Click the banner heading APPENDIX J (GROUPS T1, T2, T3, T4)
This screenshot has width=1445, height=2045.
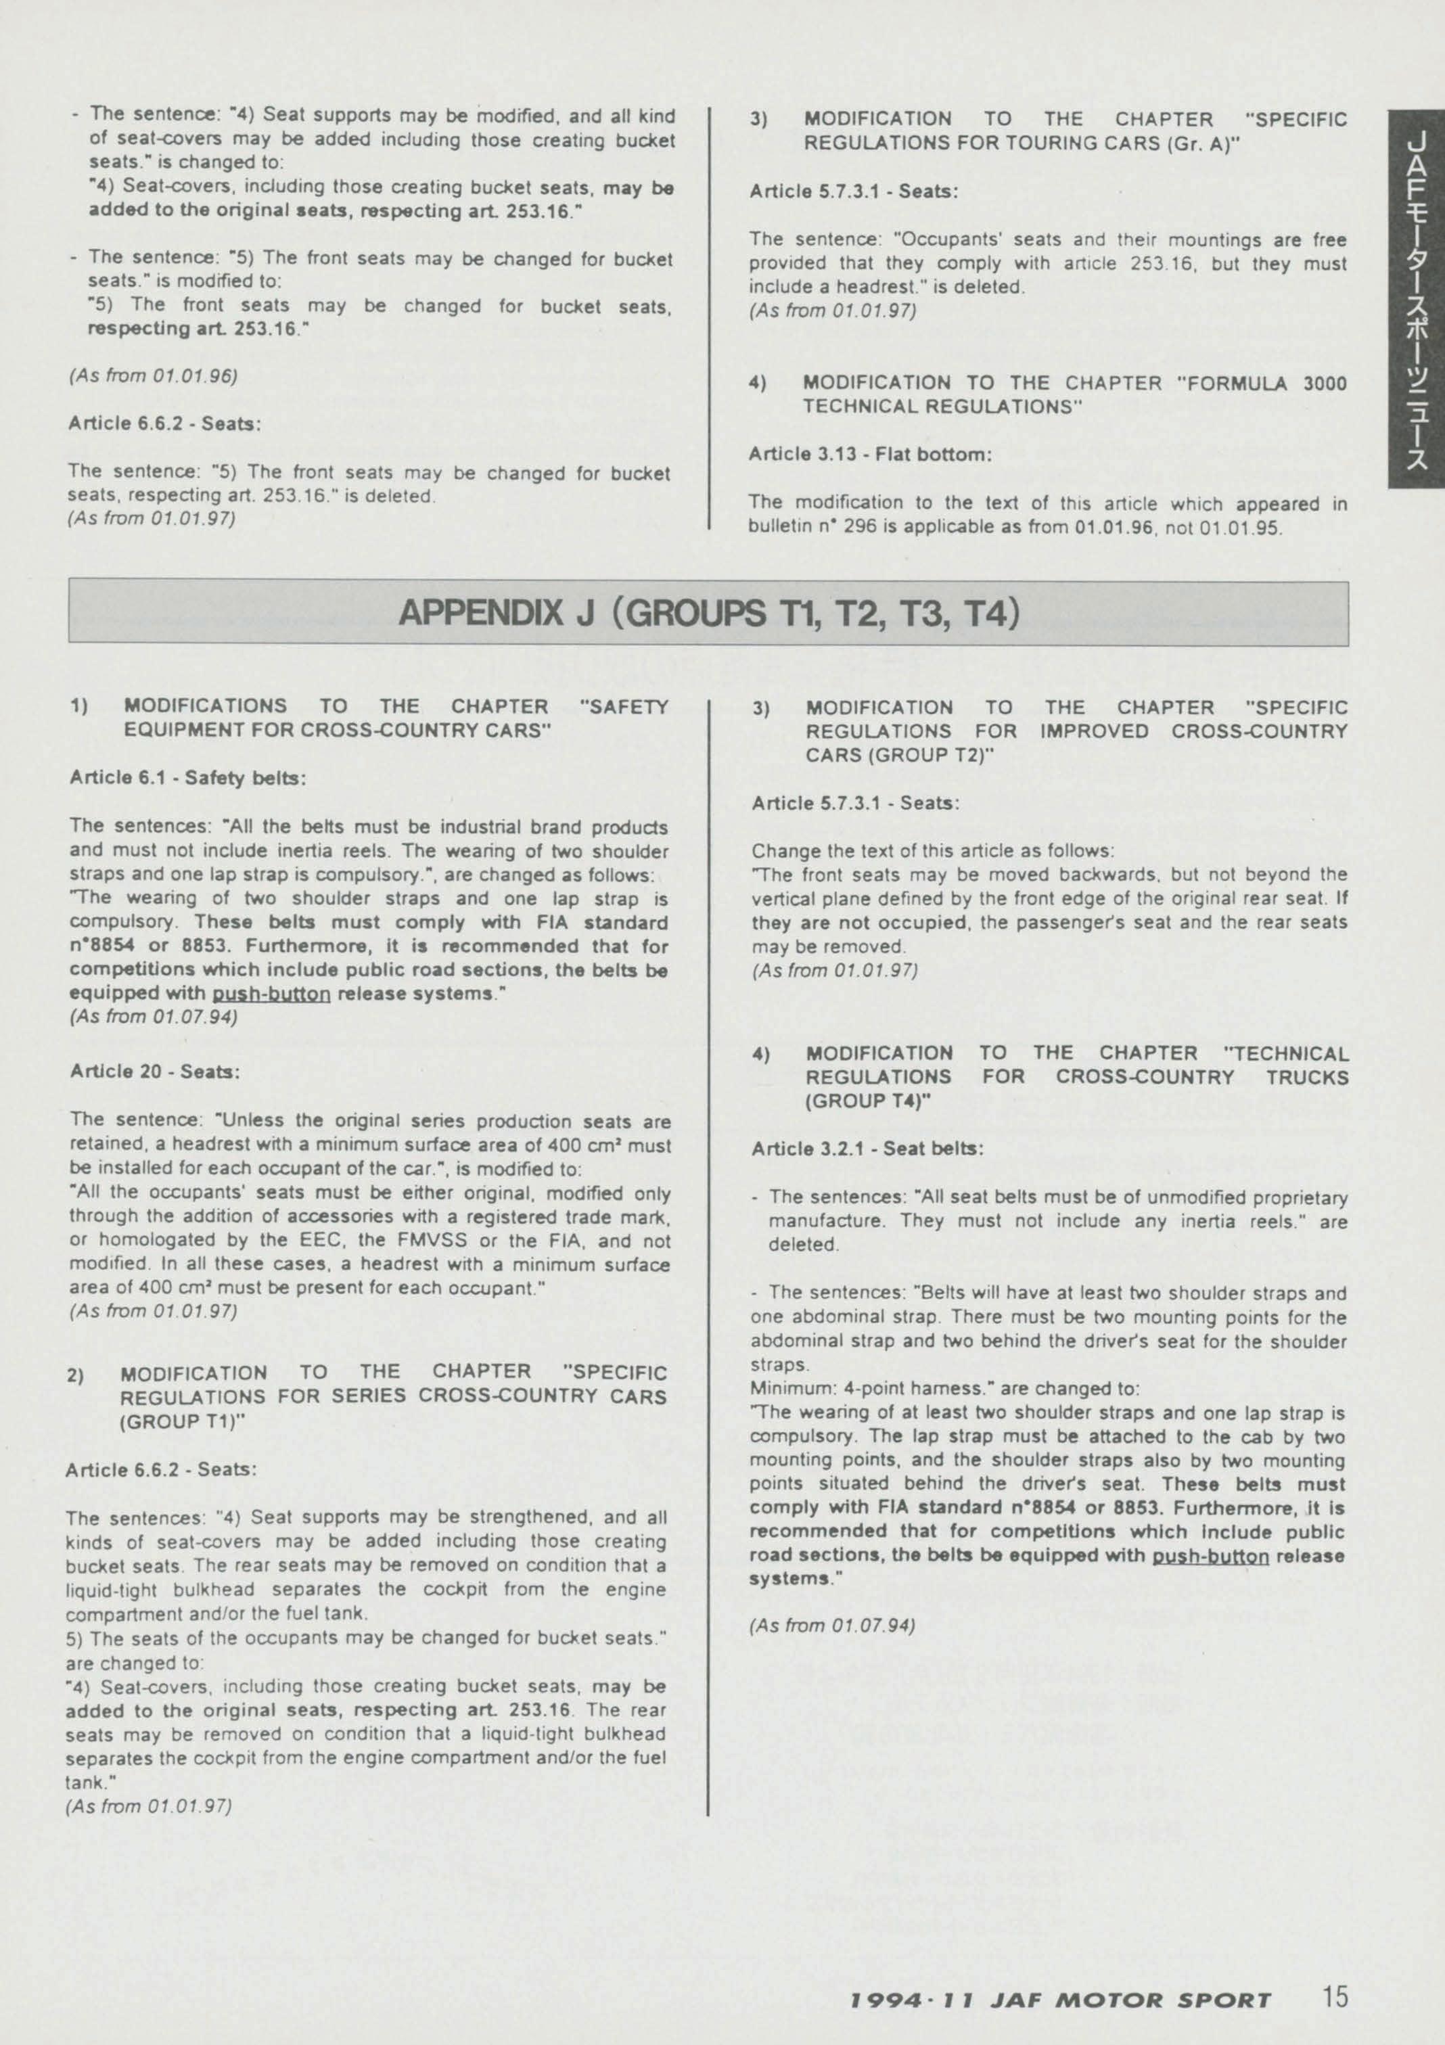click(708, 614)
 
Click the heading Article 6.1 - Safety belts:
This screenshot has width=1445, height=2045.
click(188, 777)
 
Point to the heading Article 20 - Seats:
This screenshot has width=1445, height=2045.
click(154, 1072)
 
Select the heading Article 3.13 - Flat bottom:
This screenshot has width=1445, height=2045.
click(869, 454)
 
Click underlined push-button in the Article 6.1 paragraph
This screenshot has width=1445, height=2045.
click(271, 994)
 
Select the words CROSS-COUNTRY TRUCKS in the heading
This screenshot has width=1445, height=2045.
click(1201, 1078)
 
